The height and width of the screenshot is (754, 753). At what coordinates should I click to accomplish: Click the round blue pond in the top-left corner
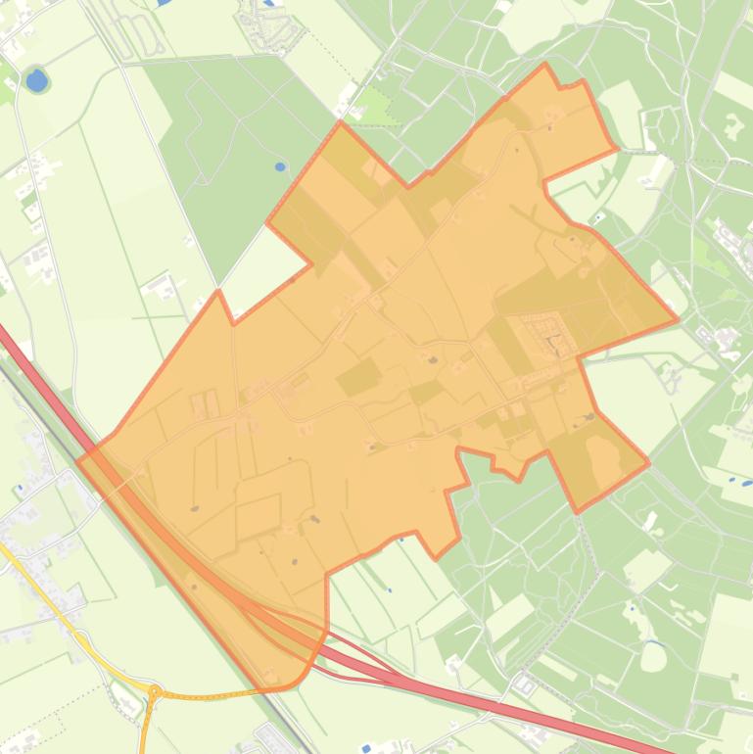point(36,80)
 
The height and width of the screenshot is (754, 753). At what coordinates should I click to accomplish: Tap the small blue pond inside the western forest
point(281,166)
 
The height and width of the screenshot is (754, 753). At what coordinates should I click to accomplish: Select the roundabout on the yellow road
point(154,692)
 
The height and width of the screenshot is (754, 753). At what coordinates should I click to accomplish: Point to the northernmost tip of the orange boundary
point(544,66)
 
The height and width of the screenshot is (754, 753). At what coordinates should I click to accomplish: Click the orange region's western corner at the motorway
point(77,456)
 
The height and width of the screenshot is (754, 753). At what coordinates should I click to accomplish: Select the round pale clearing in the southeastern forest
point(653,656)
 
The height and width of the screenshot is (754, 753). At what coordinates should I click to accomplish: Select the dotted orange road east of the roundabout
point(211,694)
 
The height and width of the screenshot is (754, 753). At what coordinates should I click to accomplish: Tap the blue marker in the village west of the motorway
point(19,487)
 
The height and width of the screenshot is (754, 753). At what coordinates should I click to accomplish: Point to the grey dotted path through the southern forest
point(586,548)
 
